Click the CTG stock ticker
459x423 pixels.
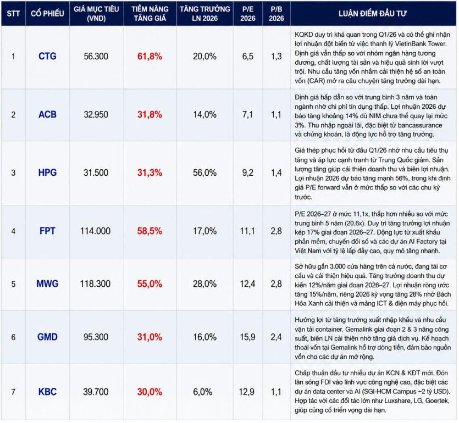point(47,56)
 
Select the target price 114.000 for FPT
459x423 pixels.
point(96,231)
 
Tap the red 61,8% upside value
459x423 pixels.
point(150,56)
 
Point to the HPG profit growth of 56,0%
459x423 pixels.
point(204,172)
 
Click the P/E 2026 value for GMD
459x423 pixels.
point(248,337)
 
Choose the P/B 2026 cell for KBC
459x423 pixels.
point(276,392)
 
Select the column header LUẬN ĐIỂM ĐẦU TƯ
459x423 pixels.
point(373,13)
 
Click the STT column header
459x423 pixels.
point(13,13)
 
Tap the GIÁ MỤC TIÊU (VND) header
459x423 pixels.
point(96,13)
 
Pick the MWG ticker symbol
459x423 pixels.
point(47,284)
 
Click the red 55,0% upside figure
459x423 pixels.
point(150,284)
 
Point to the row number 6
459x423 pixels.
point(13,337)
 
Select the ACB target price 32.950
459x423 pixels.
point(96,114)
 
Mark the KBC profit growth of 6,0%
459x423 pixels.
point(203,392)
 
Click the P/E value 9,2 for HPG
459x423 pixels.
point(248,172)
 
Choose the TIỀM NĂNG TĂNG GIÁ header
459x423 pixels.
point(150,13)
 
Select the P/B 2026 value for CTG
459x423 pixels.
point(276,56)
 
